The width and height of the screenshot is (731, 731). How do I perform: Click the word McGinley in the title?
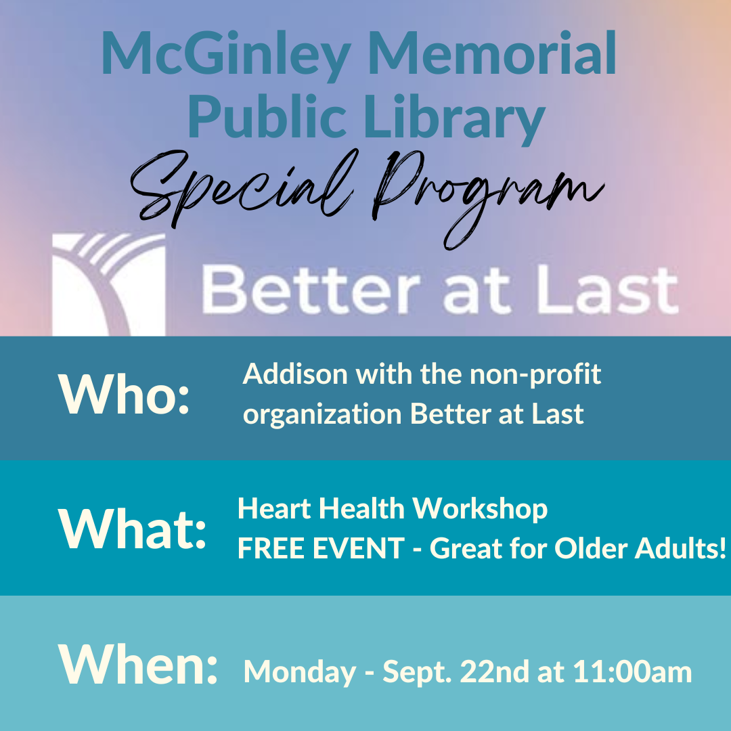[x=226, y=55]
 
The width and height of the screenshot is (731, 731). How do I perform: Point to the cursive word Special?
[x=242, y=189]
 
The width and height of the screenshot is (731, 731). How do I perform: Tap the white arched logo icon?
[x=108, y=284]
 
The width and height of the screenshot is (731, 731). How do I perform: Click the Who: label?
[x=124, y=394]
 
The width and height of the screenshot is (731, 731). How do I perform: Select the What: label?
[x=132, y=529]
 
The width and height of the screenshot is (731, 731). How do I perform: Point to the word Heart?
[x=275, y=508]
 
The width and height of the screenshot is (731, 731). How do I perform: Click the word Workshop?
[x=480, y=509]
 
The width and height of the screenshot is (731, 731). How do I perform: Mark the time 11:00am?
[x=632, y=672]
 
